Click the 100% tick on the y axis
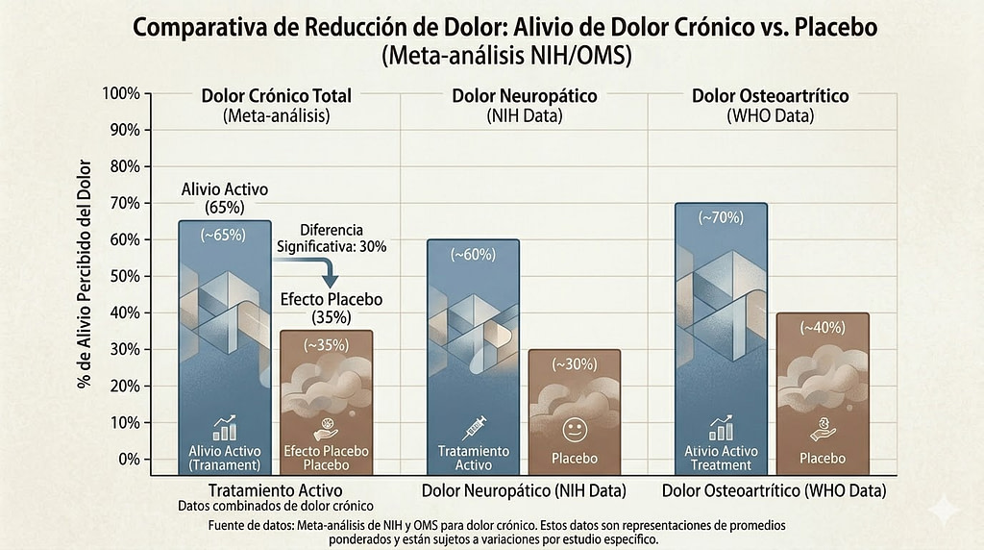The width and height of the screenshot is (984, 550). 121,93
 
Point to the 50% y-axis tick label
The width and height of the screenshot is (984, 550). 124,277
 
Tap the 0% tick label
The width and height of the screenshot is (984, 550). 128,460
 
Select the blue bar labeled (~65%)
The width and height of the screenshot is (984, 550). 225,346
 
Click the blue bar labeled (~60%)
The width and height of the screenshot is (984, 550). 473,356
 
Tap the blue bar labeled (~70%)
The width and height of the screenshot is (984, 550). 721,337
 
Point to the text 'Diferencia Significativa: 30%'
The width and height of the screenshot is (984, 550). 331,238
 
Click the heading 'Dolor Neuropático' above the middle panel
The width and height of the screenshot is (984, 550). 524,96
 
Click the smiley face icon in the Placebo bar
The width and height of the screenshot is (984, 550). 574,429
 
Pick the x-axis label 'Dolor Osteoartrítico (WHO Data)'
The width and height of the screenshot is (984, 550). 774,491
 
